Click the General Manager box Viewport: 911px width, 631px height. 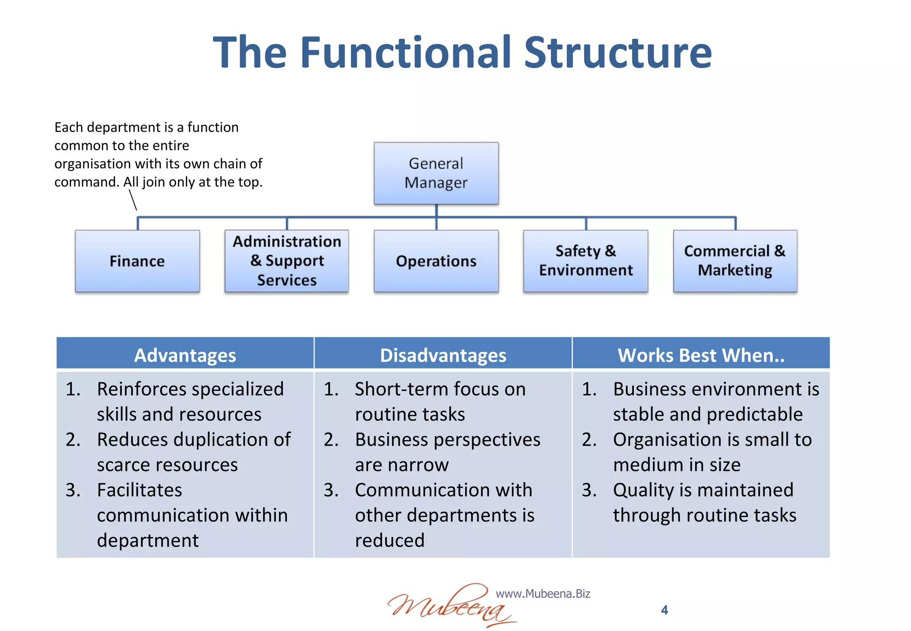(436, 174)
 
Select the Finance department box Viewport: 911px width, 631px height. (137, 261)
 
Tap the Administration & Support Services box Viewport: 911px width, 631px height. (286, 261)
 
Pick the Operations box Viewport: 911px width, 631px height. (436, 261)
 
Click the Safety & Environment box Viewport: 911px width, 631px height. (585, 261)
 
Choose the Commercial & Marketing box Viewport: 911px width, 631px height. (735, 261)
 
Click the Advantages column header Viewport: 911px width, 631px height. (185, 355)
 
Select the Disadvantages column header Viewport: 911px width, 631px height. (443, 355)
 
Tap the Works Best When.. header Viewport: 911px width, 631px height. (701, 355)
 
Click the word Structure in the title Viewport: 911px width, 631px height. (618, 53)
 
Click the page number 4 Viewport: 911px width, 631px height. (665, 610)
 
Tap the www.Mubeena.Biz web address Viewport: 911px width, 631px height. (543, 594)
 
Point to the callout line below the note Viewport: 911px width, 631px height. (133, 200)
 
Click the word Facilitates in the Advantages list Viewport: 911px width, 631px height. (140, 490)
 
